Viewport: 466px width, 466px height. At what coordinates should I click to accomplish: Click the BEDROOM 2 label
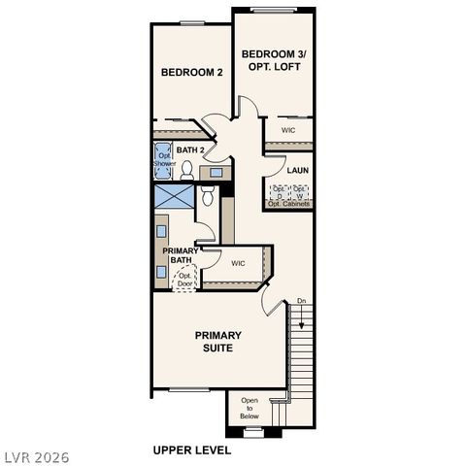192,73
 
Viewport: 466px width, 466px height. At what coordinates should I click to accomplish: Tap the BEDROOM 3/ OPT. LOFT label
274,60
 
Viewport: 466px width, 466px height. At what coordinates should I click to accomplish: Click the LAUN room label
297,170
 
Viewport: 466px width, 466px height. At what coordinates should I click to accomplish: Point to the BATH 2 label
190,150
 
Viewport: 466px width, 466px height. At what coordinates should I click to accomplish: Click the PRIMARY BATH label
182,255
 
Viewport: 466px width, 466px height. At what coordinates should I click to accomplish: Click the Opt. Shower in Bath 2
163,161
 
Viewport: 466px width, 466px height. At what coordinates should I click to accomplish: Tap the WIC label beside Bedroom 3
288,130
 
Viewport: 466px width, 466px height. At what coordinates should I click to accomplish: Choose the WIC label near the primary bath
238,263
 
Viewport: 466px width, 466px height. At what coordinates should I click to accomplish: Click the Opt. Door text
183,279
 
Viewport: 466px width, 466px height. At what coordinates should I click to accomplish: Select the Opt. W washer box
301,191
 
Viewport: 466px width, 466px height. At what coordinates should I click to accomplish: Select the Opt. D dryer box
279,191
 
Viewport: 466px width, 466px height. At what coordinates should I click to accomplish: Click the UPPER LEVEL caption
192,450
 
